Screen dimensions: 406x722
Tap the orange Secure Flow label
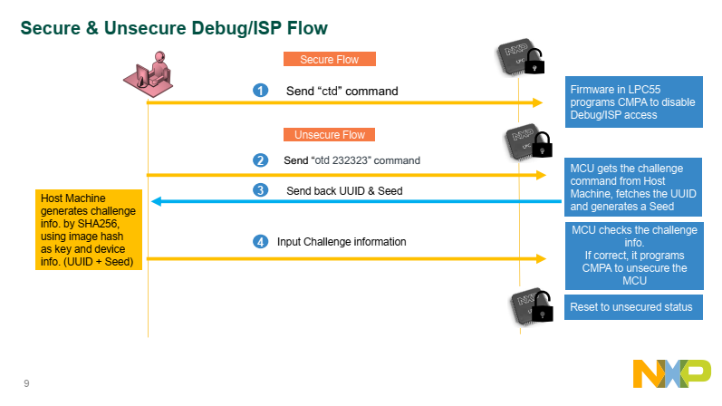(x=329, y=60)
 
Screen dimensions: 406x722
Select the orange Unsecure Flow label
(x=329, y=135)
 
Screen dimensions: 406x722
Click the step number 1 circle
(x=261, y=91)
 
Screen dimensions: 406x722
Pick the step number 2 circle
(x=261, y=160)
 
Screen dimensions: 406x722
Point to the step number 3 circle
(x=261, y=190)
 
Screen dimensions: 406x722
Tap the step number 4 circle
(x=261, y=242)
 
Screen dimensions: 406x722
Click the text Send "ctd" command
(x=342, y=91)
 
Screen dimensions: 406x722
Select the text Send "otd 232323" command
(x=352, y=160)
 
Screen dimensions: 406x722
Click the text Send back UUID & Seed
(x=343, y=190)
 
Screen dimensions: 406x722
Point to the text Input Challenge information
(x=342, y=242)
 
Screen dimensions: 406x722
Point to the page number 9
(x=26, y=383)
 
